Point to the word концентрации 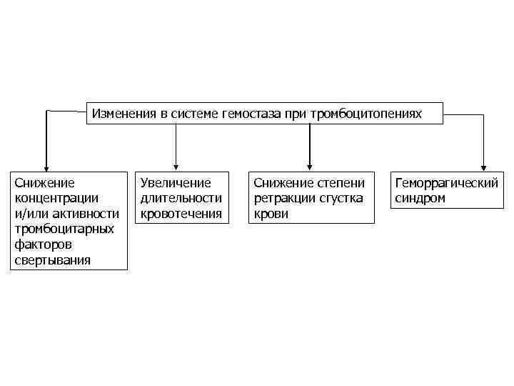pyautogui.click(x=57, y=197)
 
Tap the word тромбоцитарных pyautogui.click(x=64, y=229)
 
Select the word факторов pyautogui.click(x=44, y=244)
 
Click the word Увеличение pyautogui.click(x=176, y=183)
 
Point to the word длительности pyautogui.click(x=181, y=198)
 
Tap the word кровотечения pyautogui.click(x=181, y=213)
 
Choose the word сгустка pyautogui.click(x=340, y=198)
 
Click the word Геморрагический pyautogui.click(x=447, y=183)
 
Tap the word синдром pyautogui.click(x=420, y=198)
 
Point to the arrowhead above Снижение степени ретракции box pyautogui.click(x=309, y=166)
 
